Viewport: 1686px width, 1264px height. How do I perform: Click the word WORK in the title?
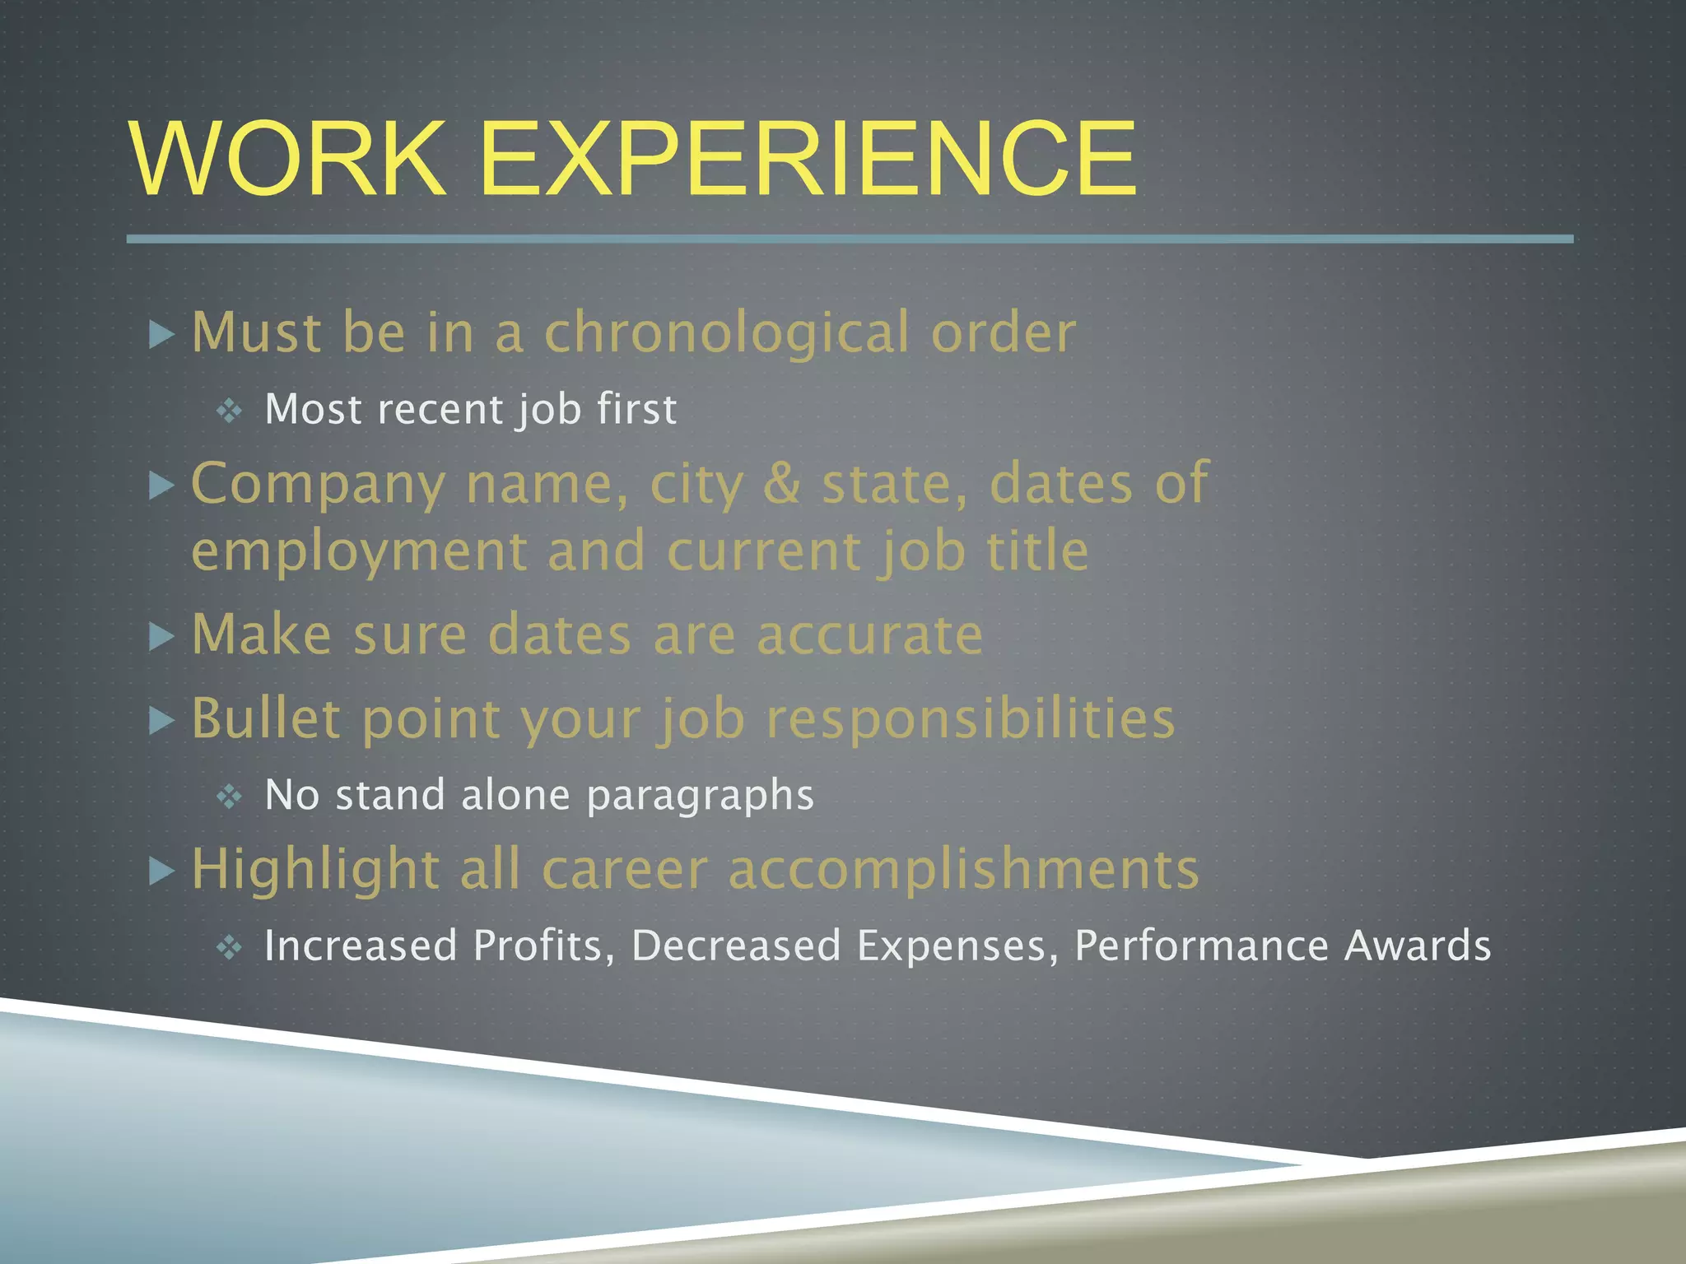click(x=287, y=158)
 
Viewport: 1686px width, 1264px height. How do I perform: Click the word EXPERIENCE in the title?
click(x=808, y=158)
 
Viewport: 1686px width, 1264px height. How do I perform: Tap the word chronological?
click(x=727, y=333)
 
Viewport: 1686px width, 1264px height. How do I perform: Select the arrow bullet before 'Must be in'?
click(x=162, y=334)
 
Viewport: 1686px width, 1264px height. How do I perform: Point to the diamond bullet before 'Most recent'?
click(x=229, y=410)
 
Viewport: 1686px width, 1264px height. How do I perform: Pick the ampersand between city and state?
click(x=782, y=483)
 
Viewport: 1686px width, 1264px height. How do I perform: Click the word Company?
click(x=318, y=485)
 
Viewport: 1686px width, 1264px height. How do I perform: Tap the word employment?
click(x=359, y=551)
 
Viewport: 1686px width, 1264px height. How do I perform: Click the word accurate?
click(x=869, y=634)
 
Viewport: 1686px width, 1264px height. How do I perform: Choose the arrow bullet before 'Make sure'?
click(x=162, y=636)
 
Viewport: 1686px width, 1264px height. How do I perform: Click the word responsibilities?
click(x=971, y=719)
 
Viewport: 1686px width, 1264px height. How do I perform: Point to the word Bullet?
click(x=266, y=718)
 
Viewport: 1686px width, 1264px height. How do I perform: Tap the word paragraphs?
click(x=701, y=796)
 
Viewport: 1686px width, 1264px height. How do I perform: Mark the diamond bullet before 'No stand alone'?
click(x=229, y=796)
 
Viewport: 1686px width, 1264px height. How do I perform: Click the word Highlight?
click(x=315, y=870)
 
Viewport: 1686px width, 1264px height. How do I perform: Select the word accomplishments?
click(x=964, y=870)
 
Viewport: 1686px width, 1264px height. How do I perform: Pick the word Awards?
click(x=1417, y=946)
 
